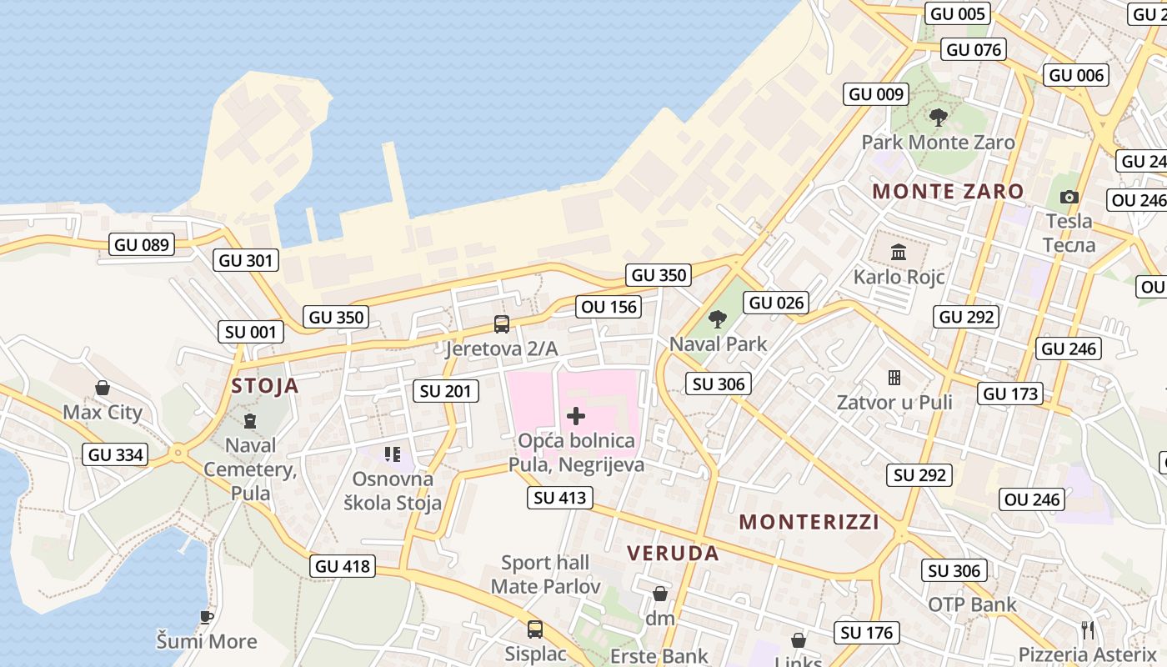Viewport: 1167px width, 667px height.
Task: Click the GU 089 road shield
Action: point(142,245)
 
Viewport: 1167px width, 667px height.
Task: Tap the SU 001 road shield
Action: point(251,332)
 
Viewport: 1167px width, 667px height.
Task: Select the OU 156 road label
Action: point(609,307)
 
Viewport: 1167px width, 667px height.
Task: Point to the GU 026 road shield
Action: point(777,303)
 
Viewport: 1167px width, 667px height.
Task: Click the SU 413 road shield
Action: point(560,498)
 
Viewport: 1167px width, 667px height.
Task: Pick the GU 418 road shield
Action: point(343,566)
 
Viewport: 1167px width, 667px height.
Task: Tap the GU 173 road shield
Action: point(1011,394)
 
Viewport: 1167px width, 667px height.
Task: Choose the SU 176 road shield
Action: point(867,633)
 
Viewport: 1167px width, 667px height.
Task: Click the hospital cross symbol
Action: point(576,416)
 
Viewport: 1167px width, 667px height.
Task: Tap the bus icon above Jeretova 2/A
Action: point(501,324)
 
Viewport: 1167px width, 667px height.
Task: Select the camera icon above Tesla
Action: point(1069,198)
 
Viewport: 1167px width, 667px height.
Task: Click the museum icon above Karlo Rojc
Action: point(899,252)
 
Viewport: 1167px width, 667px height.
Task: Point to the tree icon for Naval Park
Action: point(717,319)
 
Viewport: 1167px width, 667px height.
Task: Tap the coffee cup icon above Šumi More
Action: point(206,618)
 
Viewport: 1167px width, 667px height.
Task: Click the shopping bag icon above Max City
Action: point(103,388)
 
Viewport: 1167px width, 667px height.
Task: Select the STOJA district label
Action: point(265,385)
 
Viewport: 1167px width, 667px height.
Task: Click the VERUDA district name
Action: point(673,554)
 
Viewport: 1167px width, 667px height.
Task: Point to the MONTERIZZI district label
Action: point(809,523)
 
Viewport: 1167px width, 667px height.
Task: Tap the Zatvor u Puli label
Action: point(894,403)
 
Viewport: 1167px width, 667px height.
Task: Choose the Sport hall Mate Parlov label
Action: point(545,574)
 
